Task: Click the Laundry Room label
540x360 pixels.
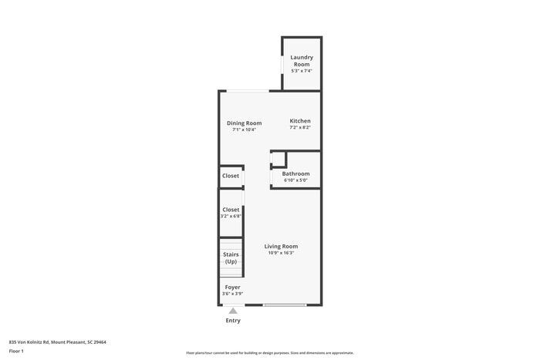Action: coord(301,61)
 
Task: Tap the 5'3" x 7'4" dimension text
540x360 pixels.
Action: coord(301,71)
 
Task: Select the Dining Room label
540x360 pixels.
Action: coord(244,123)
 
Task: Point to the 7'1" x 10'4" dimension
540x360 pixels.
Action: coord(244,130)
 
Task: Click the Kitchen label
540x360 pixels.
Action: coord(300,121)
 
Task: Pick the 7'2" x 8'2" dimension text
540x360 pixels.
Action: coord(300,128)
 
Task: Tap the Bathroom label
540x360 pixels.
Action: coord(295,173)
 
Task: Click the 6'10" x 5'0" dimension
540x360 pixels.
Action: coord(295,180)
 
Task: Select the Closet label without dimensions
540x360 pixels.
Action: coord(231,176)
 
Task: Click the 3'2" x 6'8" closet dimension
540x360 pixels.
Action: coord(231,217)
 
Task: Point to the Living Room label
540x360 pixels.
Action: coord(281,246)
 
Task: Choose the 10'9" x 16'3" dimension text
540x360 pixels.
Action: coord(281,253)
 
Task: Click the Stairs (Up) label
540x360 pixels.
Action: coord(231,257)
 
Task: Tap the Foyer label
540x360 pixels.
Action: coord(232,287)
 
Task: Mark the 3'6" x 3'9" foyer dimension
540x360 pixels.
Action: coord(232,294)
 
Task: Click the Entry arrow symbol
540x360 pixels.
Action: coord(233,311)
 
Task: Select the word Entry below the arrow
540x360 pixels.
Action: coord(233,321)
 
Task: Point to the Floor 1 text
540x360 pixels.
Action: coord(16,352)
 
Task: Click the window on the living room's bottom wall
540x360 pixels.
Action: coord(285,305)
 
